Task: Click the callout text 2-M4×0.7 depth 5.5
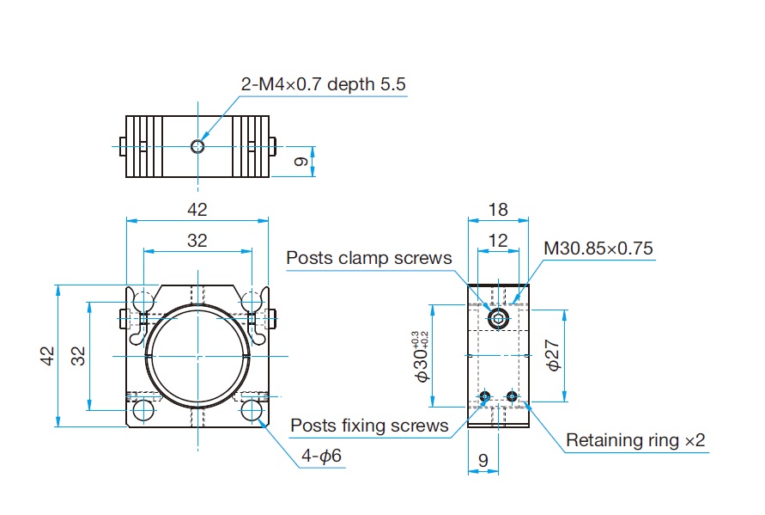(x=323, y=84)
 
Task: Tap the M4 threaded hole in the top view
(x=197, y=146)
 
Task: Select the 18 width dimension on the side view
(x=498, y=210)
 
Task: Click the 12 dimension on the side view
(x=498, y=241)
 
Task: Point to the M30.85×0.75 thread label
(x=598, y=248)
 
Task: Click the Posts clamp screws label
(x=369, y=258)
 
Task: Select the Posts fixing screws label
(x=369, y=426)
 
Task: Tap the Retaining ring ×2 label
(x=635, y=440)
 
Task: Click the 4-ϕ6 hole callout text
(x=321, y=456)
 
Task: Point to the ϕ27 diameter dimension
(x=553, y=356)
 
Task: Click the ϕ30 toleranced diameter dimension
(x=421, y=356)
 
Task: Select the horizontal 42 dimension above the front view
(x=197, y=210)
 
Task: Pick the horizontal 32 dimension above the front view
(x=197, y=241)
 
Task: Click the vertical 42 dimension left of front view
(x=48, y=356)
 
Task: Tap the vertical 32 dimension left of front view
(x=78, y=356)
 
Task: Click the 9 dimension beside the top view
(x=301, y=161)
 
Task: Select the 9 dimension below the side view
(x=483, y=460)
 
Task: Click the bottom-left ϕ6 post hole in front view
(x=144, y=411)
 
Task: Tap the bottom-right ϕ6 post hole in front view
(x=252, y=411)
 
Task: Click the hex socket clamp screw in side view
(x=498, y=319)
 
